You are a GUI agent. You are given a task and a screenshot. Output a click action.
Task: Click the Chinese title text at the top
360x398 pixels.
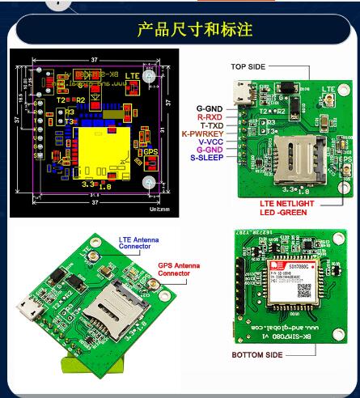[195, 30]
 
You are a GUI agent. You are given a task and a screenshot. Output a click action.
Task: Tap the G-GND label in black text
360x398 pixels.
[210, 108]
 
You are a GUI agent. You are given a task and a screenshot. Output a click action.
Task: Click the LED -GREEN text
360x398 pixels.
[285, 214]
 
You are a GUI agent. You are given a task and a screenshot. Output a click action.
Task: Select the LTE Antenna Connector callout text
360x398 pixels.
[138, 243]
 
